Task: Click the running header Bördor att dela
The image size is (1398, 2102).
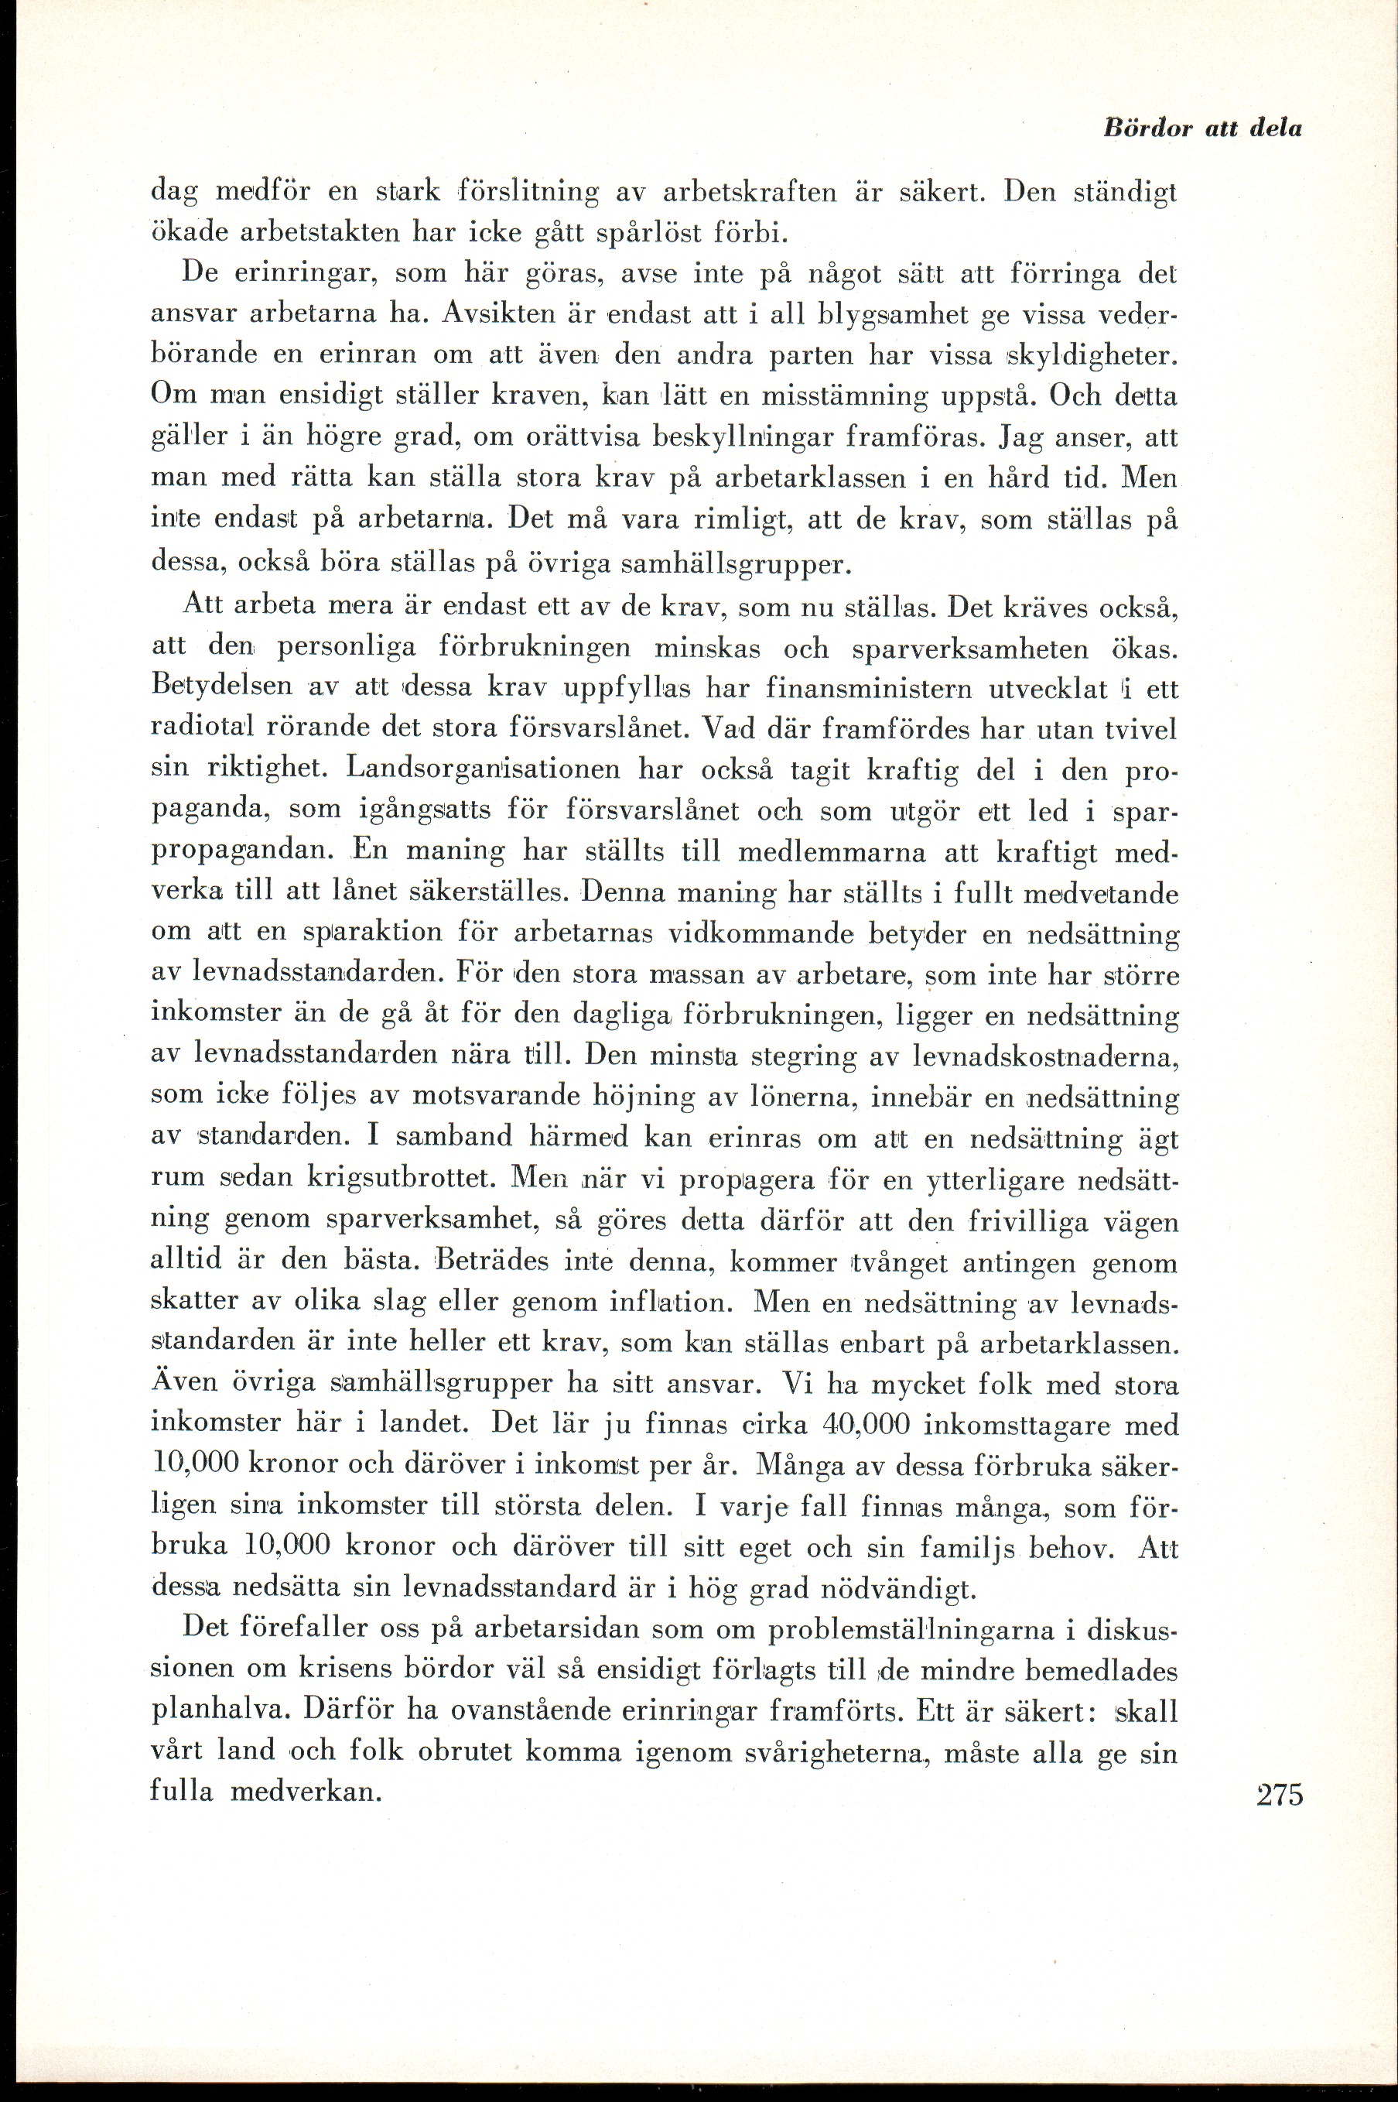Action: pos(1201,128)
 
